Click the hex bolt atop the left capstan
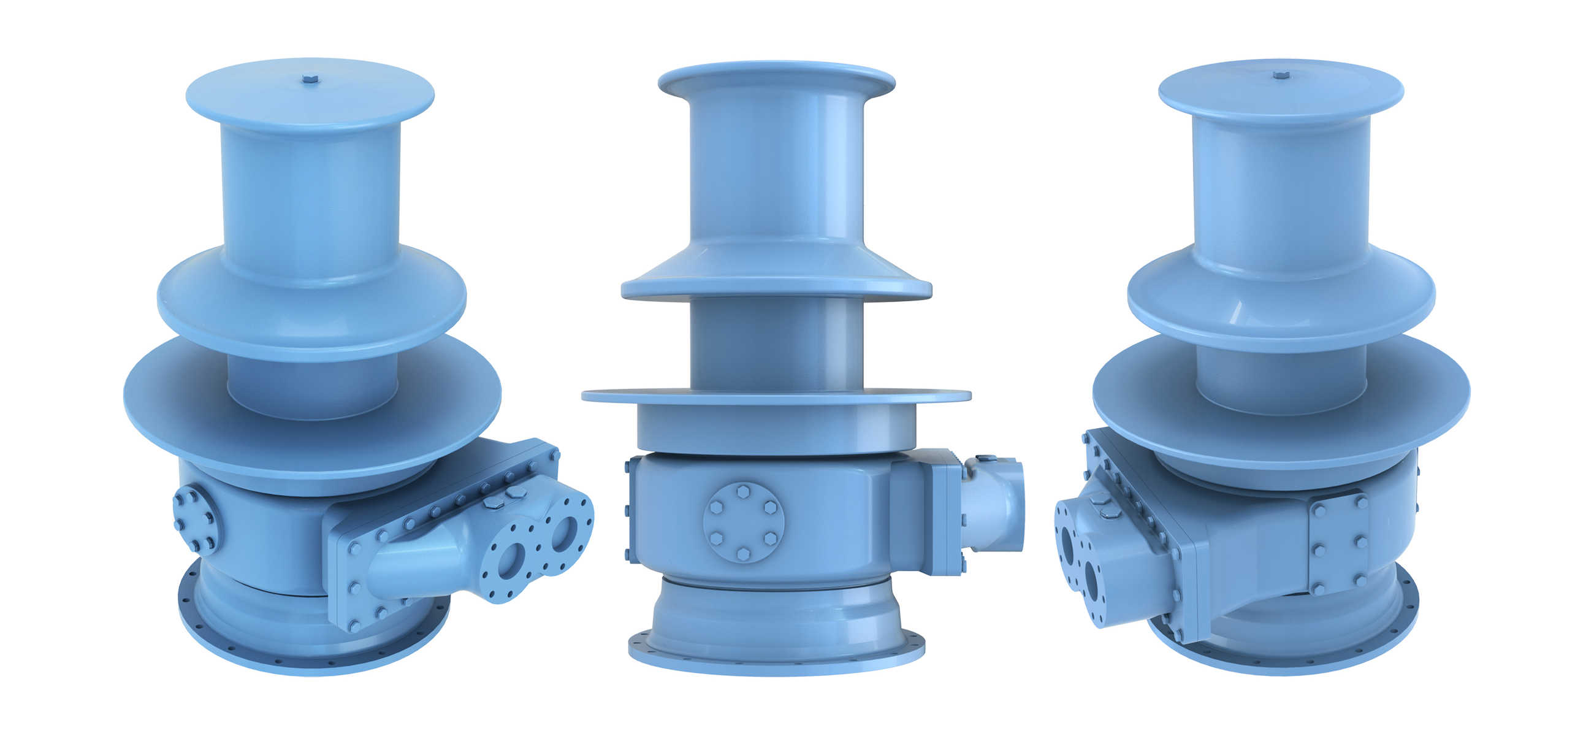click(x=310, y=79)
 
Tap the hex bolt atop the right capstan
click(x=1281, y=75)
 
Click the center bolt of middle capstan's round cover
click(x=743, y=523)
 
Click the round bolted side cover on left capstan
click(x=195, y=519)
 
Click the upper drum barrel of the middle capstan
click(x=776, y=167)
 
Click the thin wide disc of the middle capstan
click(x=776, y=395)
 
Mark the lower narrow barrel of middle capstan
click(x=776, y=343)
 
